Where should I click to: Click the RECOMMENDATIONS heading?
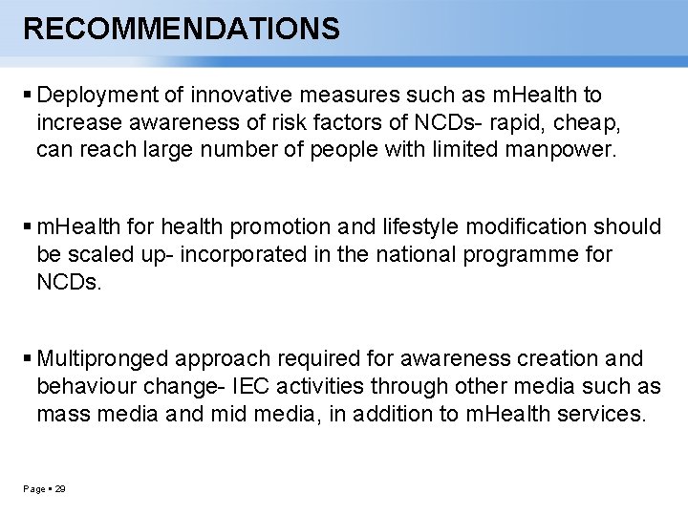[182, 29]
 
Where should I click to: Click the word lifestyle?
[417, 227]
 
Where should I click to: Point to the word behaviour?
[85, 387]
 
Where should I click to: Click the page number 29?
[60, 489]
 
